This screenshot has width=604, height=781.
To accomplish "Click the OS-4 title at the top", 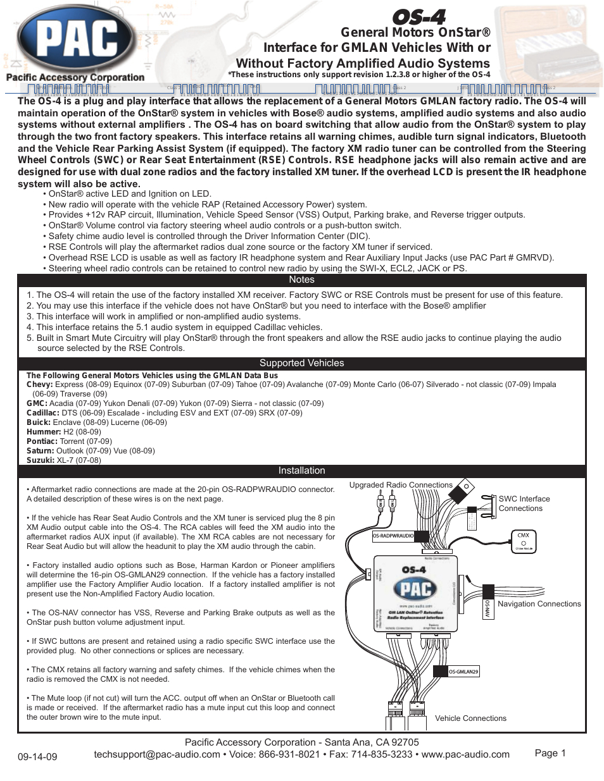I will (418, 16).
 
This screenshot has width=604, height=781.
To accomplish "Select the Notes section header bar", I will (301, 280).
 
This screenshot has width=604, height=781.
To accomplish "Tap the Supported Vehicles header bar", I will (301, 363).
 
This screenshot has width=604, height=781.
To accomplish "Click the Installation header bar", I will (301, 470).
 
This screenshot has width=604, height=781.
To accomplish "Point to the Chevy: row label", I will (40, 384).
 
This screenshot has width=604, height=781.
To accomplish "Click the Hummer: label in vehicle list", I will (44, 432).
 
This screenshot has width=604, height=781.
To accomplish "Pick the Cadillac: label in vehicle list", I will (43, 413).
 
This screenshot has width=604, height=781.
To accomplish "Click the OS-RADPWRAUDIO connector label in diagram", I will (393, 536).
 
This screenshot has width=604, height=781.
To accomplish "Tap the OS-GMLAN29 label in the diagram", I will (463, 672).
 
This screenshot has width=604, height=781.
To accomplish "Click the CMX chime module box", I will (524, 541).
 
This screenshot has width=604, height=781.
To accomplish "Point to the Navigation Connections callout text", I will (539, 604).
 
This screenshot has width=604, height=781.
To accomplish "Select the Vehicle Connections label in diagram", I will (470, 718).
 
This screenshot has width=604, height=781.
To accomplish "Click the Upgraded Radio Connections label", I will (401, 485).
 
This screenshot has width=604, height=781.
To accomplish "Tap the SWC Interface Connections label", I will (524, 503).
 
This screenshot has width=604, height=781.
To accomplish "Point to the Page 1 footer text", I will (550, 753).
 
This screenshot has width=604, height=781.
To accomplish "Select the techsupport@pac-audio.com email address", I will (157, 754).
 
